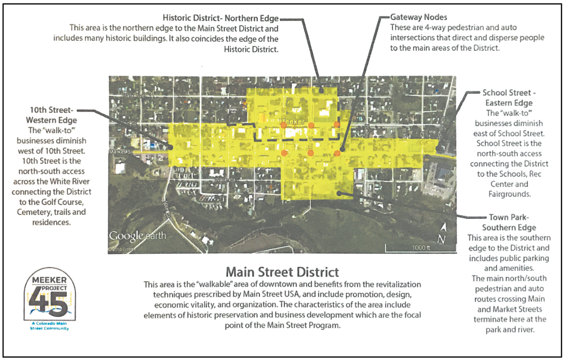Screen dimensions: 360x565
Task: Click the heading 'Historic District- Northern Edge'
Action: pyautogui.click(x=220, y=18)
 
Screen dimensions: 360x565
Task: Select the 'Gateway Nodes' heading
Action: pyautogui.click(x=418, y=18)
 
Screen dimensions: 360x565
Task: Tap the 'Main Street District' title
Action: pyautogui.click(x=282, y=269)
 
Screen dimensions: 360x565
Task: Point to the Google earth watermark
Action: pyautogui.click(x=137, y=236)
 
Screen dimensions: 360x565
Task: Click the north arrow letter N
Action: pyautogui.click(x=442, y=239)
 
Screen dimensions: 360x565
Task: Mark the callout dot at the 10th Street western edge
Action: pyautogui.click(x=170, y=148)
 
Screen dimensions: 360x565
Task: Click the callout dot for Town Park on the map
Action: pyautogui.click(x=339, y=192)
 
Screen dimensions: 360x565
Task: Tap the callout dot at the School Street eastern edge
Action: pyautogui.click(x=439, y=149)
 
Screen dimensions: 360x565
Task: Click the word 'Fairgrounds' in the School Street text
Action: pyautogui.click(x=509, y=193)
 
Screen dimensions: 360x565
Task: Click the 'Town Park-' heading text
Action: pyautogui.click(x=509, y=218)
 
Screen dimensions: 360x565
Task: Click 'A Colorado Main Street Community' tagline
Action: pyautogui.click(x=49, y=325)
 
